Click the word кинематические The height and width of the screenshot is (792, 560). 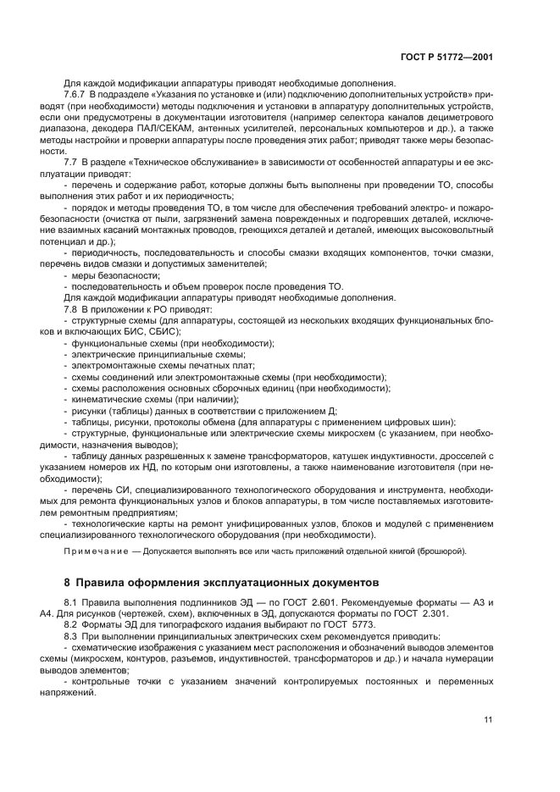[x=106, y=398]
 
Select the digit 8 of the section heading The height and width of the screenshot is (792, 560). [x=67, y=584]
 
